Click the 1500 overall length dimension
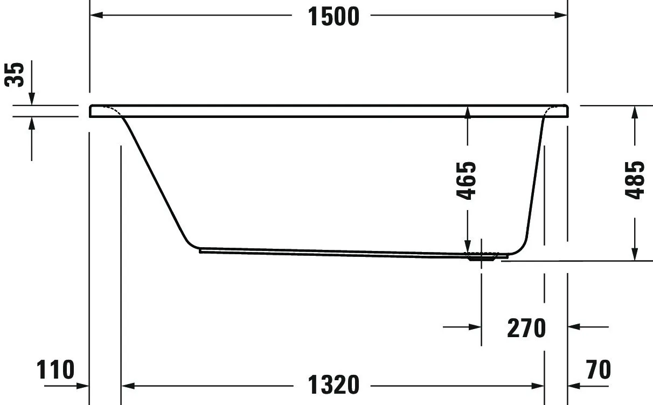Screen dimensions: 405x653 coord(333,16)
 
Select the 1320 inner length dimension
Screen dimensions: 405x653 coord(333,385)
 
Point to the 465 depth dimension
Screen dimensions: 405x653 coord(467,180)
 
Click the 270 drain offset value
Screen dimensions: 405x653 coord(526,327)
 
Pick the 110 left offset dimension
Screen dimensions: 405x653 coord(55,370)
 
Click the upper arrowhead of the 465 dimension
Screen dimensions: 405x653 coord(467,111)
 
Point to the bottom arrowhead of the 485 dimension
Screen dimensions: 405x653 coord(635,254)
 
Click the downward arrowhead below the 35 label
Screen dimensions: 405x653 coord(32,99)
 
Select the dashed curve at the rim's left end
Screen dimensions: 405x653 coord(114,110)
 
